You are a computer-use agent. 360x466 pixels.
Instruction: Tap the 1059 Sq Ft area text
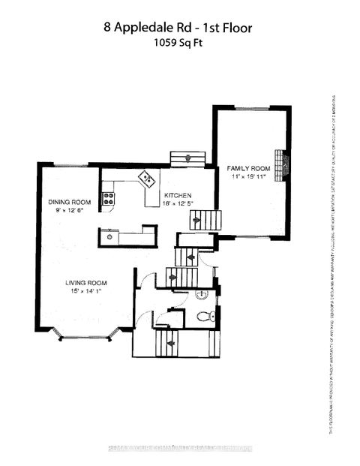coord(179,43)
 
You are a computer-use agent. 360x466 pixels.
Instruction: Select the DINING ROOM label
coord(70,202)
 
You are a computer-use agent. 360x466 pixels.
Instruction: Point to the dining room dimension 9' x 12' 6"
coord(69,210)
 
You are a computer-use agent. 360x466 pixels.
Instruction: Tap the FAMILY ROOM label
coord(248,169)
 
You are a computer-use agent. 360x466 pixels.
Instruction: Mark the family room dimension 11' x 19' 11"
coord(248,177)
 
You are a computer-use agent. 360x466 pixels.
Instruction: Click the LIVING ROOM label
coord(85,282)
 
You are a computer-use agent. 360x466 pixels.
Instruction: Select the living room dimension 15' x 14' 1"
coord(85,291)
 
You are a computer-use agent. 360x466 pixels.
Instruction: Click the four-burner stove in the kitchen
coord(108,199)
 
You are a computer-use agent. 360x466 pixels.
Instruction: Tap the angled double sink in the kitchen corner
coord(145,179)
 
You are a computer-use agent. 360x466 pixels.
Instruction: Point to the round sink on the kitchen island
coord(109,237)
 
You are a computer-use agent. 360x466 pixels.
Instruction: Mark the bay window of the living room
coord(85,333)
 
